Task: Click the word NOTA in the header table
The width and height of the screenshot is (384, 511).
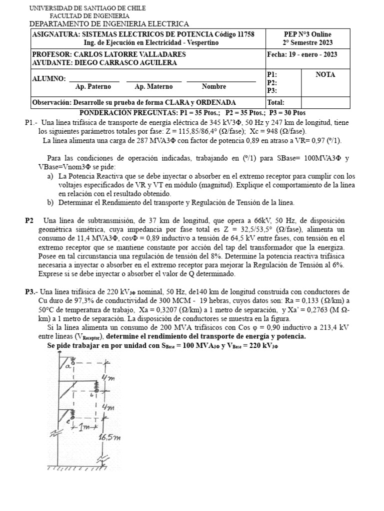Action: pos(325,74)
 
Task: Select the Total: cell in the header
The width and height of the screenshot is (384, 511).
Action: pos(276,102)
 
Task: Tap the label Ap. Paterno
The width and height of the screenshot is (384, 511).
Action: pos(93,87)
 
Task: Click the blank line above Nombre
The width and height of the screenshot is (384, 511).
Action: pos(221,81)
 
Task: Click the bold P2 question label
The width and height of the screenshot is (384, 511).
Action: pos(29,221)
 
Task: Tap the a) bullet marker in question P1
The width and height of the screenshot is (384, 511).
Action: pos(50,176)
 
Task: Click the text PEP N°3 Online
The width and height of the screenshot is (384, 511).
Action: pos(307,33)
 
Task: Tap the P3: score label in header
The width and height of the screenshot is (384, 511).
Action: pos(272,90)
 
